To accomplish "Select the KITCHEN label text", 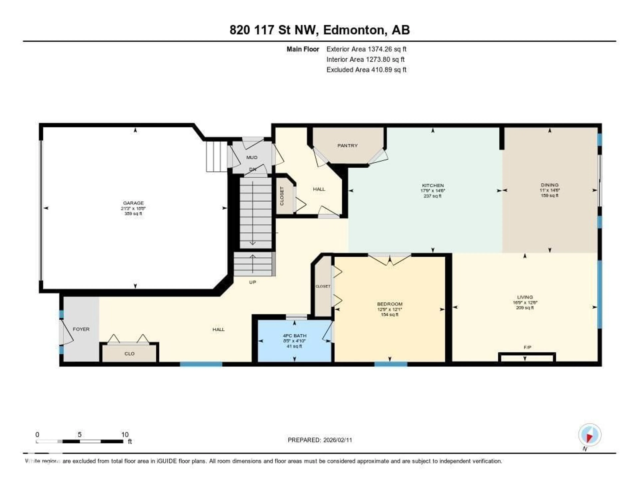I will click(433, 185).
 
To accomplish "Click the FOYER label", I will click(81, 329).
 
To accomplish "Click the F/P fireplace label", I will click(527, 347).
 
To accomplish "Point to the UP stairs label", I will click(252, 282).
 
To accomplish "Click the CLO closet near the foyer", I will click(129, 354).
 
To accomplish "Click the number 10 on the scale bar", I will click(125, 434).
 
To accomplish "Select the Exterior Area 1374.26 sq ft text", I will click(366, 49).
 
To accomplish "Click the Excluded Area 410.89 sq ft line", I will click(366, 69).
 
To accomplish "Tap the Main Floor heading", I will click(303, 49).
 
